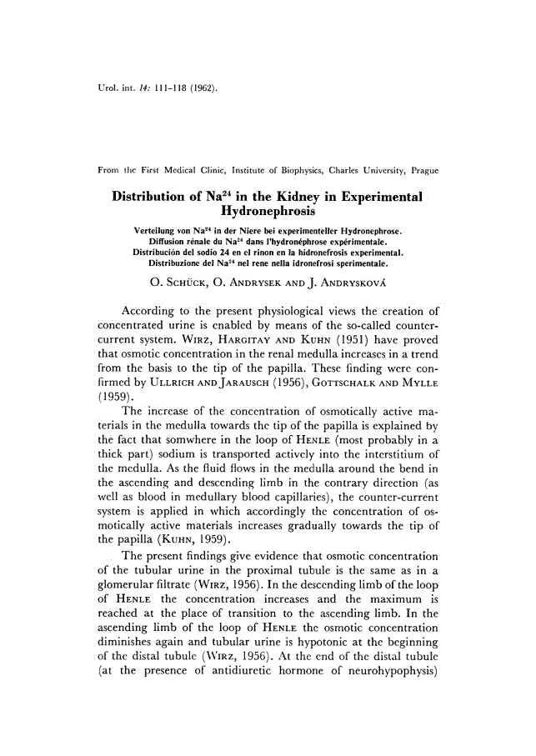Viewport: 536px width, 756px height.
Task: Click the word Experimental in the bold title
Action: pyautogui.click(x=372, y=196)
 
